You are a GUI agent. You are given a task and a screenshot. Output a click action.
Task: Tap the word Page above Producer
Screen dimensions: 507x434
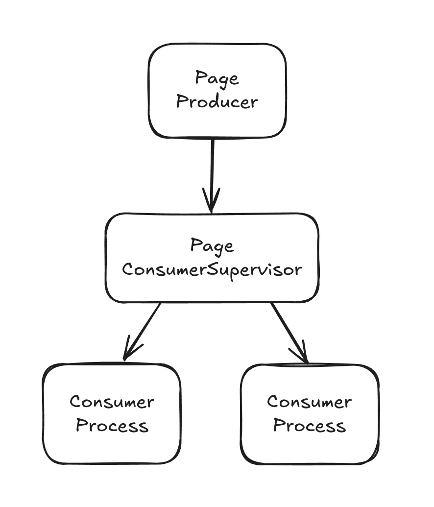[x=217, y=78]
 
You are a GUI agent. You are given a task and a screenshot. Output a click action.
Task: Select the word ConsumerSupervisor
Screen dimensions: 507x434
[x=212, y=269]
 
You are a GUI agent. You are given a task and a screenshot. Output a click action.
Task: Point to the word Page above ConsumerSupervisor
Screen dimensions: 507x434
[x=212, y=245]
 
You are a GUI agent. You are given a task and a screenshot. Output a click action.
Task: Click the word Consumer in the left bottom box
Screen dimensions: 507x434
[x=112, y=402]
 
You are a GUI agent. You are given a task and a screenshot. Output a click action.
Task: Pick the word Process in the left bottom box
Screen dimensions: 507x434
[x=112, y=425]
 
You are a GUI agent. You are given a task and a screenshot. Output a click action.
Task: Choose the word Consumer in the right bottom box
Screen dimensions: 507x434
[x=309, y=402]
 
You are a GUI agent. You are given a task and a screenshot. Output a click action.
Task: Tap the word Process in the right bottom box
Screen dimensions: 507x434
[x=309, y=425]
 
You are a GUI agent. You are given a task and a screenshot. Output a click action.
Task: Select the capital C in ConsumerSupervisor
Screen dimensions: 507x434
[x=127, y=269]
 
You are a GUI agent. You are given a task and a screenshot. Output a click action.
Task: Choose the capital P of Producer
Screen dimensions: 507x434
[x=182, y=102]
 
